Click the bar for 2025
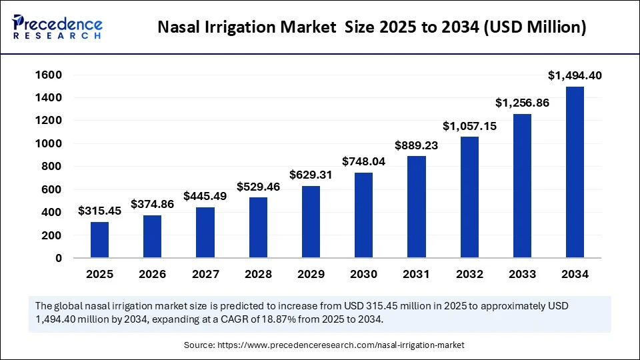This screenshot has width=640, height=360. click(x=99, y=240)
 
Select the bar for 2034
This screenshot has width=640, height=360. click(x=575, y=172)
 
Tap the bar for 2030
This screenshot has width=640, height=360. click(x=363, y=215)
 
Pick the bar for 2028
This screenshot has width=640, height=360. click(x=258, y=227)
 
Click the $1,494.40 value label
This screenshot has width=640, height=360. click(x=575, y=76)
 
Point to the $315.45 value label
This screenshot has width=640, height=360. click(x=99, y=211)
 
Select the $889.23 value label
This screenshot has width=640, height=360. click(x=417, y=145)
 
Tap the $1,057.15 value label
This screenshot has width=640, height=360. click(x=469, y=125)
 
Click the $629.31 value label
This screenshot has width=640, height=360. click(x=311, y=175)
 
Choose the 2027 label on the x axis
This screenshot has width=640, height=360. click(x=205, y=274)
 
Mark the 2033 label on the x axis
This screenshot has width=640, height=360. click(x=522, y=274)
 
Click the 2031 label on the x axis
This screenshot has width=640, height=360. click(x=417, y=274)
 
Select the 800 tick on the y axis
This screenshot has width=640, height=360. click(x=53, y=167)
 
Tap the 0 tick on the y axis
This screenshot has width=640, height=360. click(x=59, y=258)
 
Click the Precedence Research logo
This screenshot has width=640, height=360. click(x=57, y=27)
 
